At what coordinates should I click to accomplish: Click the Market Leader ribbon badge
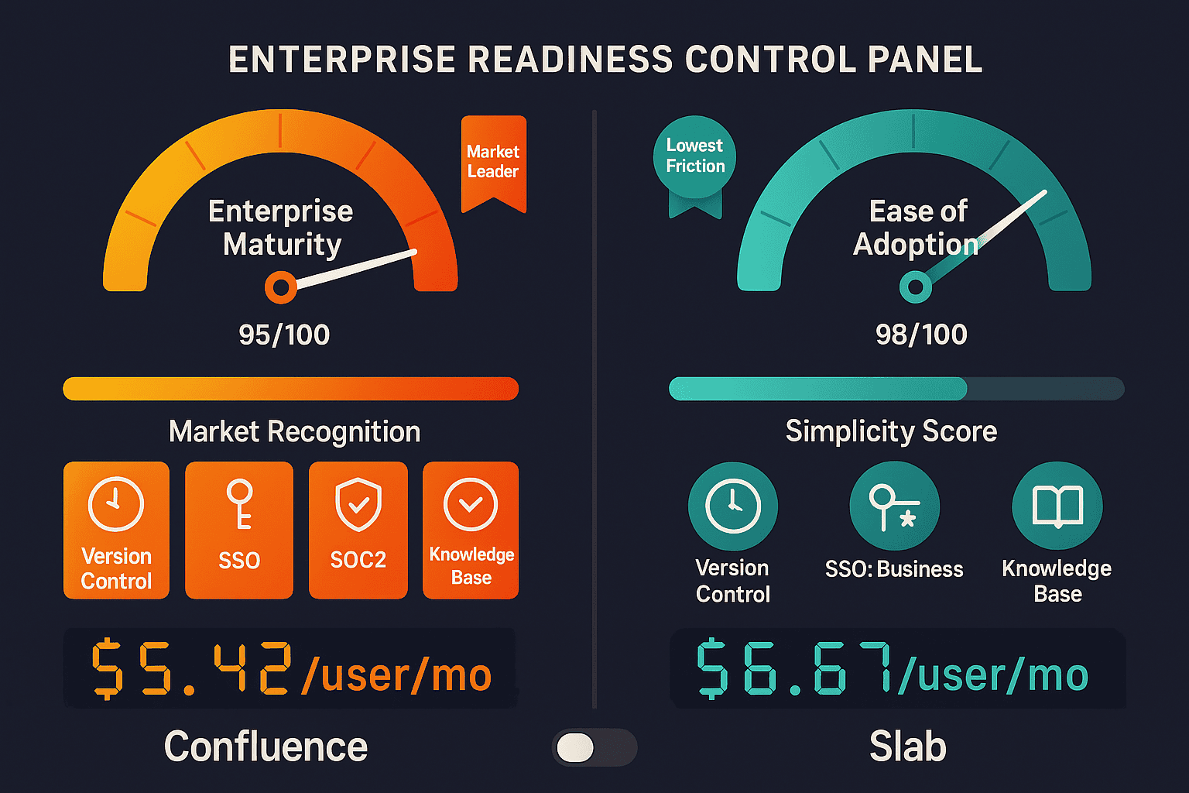[x=493, y=161]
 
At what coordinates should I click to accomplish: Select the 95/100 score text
[x=284, y=335]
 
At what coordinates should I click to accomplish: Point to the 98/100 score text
[x=921, y=335]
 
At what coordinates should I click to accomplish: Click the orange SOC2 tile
[x=358, y=530]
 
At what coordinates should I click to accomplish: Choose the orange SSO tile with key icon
[x=239, y=530]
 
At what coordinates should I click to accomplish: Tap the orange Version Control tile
[x=116, y=530]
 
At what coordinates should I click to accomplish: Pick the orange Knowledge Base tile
[x=471, y=530]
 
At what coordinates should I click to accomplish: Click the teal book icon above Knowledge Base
[x=1057, y=506]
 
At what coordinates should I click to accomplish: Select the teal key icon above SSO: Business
[x=894, y=506]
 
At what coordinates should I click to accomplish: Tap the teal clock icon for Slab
[x=733, y=506]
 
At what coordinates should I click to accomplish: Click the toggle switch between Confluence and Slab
[x=594, y=748]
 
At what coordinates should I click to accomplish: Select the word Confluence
[x=266, y=747]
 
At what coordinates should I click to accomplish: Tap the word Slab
[x=907, y=747]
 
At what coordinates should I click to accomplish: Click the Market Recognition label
[x=294, y=431]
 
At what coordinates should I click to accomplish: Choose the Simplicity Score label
[x=891, y=431]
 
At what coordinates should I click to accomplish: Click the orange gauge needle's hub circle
[x=280, y=288]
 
